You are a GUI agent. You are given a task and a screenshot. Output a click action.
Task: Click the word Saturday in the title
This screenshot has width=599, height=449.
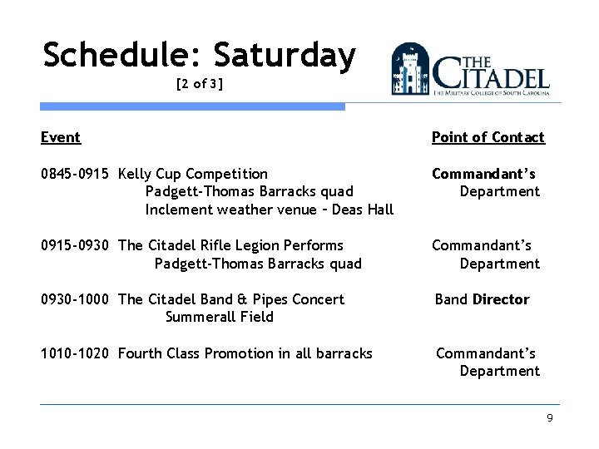click(x=285, y=56)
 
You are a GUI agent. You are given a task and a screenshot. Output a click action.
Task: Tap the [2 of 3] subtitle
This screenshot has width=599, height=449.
click(x=199, y=85)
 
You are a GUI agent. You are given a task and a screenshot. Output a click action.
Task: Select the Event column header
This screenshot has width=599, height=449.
click(x=61, y=137)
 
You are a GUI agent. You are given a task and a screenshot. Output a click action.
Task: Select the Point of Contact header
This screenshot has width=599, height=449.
click(x=488, y=137)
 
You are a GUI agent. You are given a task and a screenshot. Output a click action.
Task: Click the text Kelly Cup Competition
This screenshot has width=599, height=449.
click(x=193, y=174)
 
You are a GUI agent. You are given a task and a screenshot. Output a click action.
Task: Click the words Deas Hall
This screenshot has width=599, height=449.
click(x=363, y=210)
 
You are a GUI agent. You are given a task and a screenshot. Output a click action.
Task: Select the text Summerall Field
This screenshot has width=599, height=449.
click(x=220, y=317)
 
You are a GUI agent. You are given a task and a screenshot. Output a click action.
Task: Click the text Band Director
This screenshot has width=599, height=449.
click(x=482, y=299)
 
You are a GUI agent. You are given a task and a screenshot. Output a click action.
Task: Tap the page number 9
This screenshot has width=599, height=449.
click(x=549, y=417)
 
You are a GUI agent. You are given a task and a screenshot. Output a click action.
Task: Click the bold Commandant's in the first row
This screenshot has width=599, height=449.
click(x=483, y=174)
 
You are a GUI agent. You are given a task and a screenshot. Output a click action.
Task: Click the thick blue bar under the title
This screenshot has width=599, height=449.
click(x=193, y=106)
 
